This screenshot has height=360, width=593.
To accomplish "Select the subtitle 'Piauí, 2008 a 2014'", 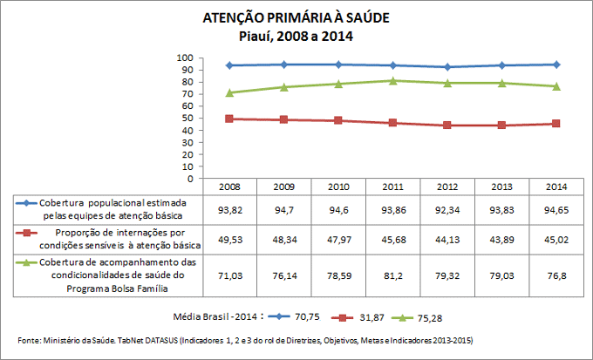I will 296,36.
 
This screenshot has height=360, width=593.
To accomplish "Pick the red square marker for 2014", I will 556,124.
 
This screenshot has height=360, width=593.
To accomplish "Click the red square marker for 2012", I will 447,125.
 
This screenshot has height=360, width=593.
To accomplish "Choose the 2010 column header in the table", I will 337,187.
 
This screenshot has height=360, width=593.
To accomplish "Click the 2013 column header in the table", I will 501,187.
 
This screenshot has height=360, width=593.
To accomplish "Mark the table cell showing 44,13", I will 447,240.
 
